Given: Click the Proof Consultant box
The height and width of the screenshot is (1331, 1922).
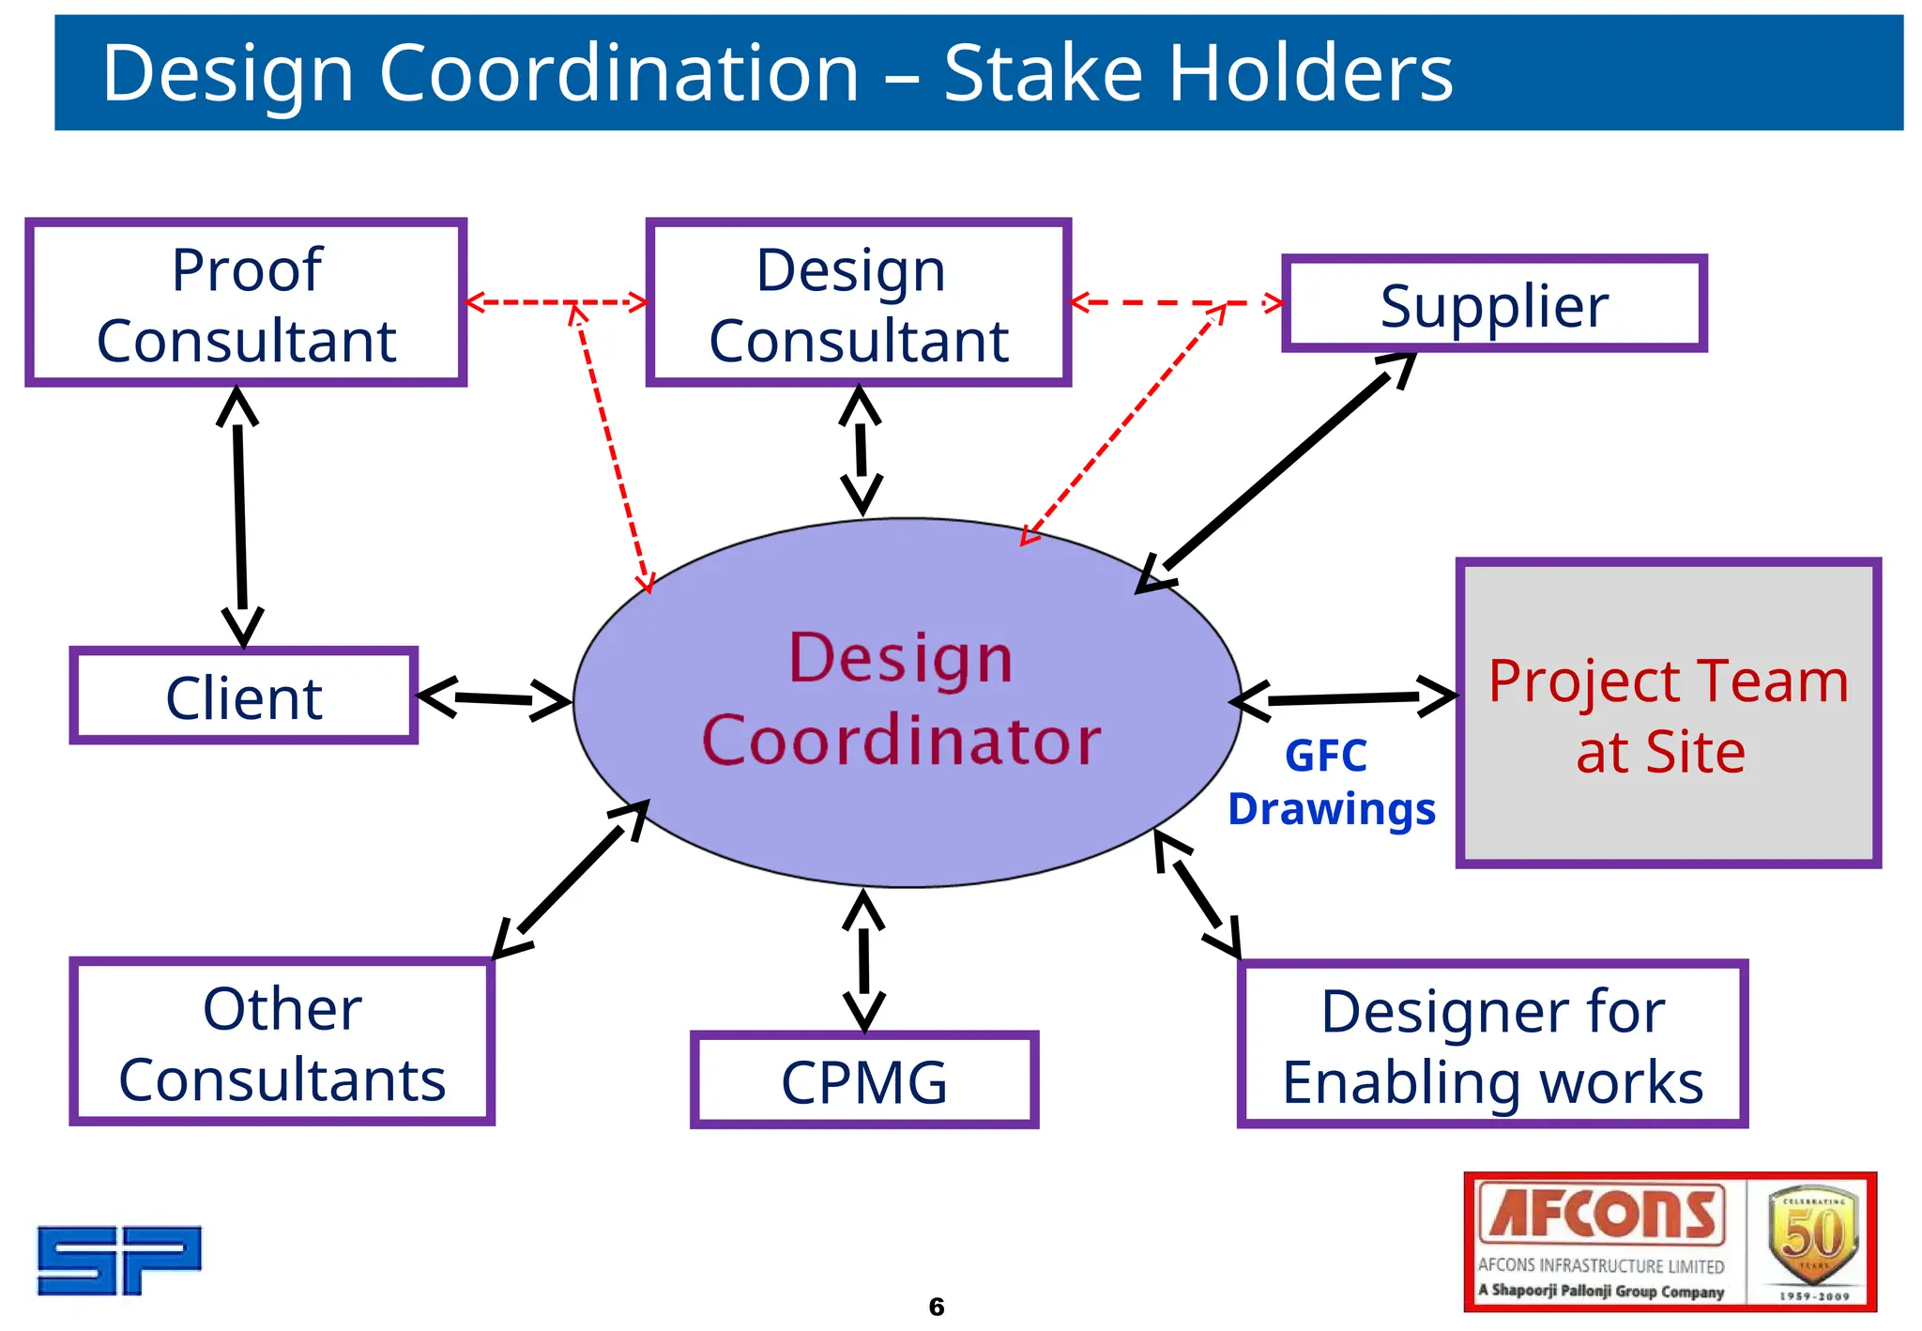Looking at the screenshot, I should point(246,303).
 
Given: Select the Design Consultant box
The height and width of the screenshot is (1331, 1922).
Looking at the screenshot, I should point(858,303).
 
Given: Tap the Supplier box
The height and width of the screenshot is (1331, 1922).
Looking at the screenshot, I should point(1493,304).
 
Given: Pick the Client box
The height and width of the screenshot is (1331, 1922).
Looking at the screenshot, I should point(243,696).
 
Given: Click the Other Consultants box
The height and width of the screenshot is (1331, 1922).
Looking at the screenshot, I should point(282,1042).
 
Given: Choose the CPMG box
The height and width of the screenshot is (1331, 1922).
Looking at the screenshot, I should point(863,1080).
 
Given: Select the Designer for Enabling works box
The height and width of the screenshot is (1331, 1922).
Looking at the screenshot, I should point(1492,1045).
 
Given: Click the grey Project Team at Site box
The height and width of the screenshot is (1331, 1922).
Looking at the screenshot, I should point(1668,713).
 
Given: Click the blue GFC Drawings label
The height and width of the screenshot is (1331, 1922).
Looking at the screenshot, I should point(1331,783).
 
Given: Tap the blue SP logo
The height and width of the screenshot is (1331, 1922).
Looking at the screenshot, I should point(119,1260).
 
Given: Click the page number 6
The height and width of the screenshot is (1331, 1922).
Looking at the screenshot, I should point(936,1306).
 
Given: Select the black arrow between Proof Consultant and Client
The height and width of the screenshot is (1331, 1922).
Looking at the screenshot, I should point(240,516).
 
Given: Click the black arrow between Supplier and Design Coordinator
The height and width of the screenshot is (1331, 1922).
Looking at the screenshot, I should point(1276,472).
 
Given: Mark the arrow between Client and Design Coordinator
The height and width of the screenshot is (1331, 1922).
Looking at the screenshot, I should point(494,699).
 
